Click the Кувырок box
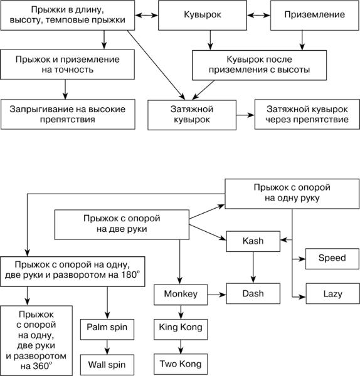(203, 15)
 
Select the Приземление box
(315, 15)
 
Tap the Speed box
(332, 259)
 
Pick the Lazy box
(332, 293)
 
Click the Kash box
(253, 241)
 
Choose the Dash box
(253, 293)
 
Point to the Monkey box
(181, 295)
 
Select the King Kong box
(181, 329)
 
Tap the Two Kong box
(181, 363)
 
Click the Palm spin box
(107, 329)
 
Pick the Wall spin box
(107, 365)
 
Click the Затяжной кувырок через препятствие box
(307, 115)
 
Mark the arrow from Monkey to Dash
(217, 295)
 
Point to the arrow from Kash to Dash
(253, 268)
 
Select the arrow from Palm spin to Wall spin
(107, 347)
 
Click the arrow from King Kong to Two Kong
(181, 347)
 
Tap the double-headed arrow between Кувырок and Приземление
(259, 15)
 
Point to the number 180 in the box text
(129, 275)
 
